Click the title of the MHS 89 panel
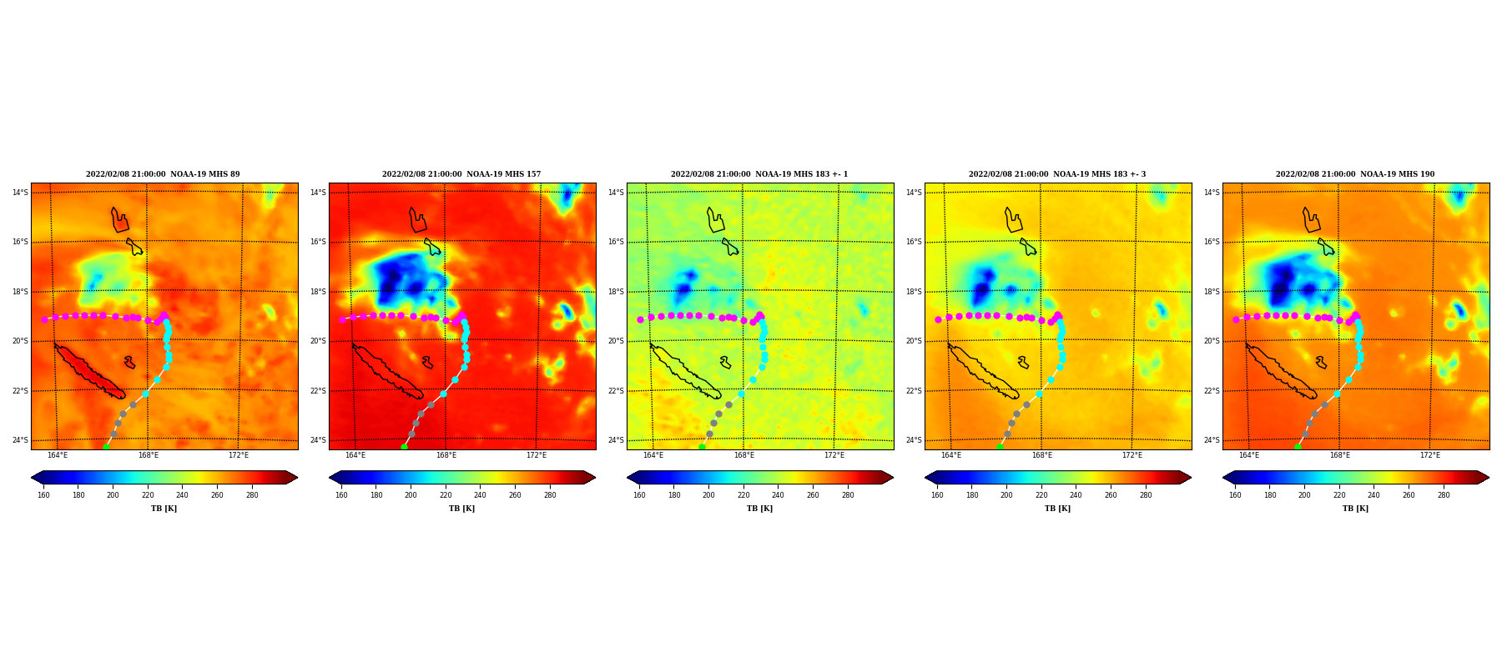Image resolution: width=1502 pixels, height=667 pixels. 163,174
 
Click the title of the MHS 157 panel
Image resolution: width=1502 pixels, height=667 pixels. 461,174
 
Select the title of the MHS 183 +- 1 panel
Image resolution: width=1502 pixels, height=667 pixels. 759,174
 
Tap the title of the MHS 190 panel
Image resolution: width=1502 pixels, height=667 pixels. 1355,174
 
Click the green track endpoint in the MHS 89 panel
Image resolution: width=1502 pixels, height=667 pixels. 106,447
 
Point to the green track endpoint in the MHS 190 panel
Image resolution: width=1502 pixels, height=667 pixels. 1298,447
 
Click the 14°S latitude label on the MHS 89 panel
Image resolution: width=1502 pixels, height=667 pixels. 20,193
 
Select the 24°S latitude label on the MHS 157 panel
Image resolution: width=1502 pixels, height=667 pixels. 318,440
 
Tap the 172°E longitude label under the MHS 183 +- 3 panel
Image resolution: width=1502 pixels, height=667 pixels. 1132,455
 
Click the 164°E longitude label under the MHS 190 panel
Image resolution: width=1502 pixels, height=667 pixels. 1249,455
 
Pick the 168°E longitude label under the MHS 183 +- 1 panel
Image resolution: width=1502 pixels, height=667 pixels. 744,455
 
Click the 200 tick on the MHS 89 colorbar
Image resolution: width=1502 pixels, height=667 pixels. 113,495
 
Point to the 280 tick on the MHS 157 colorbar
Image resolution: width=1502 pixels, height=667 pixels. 550,495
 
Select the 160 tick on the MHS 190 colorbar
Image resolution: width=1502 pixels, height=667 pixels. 1235,495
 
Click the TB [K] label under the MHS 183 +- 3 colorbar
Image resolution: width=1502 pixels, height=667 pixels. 1057,509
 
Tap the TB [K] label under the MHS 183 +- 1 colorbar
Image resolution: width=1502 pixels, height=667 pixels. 759,509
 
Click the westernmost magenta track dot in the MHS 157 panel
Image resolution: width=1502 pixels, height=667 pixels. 342,319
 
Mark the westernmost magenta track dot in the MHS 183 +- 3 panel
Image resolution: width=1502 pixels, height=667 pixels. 938,319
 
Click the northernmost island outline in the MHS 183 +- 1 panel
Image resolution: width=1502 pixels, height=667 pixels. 715,220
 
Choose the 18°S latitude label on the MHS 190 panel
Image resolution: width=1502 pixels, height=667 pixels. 1212,292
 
